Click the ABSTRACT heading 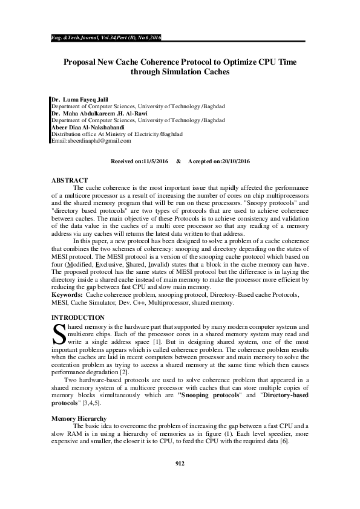pyautogui.click(x=70, y=180)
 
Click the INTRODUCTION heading pyautogui.click(x=78, y=317)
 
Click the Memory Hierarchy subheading pyautogui.click(x=79, y=418)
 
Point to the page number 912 pyautogui.click(x=180, y=481)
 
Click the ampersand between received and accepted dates pyautogui.click(x=178, y=162)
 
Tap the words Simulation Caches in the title pyautogui.click(x=180, y=72)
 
